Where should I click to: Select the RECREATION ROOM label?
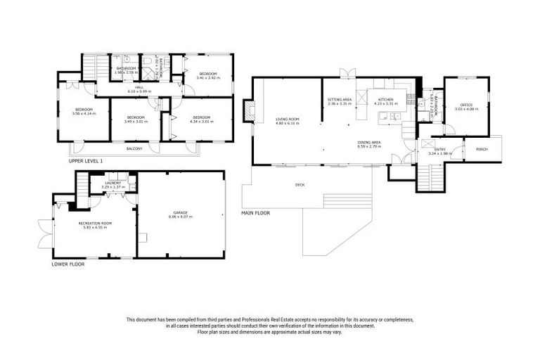click(95, 223)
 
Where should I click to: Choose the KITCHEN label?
click(386, 100)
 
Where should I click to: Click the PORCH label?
click(482, 149)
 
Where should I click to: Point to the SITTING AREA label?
click(339, 100)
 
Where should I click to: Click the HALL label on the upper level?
click(139, 88)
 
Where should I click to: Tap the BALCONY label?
click(134, 148)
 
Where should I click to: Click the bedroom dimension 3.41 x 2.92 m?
click(208, 78)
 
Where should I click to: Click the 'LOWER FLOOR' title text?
click(68, 264)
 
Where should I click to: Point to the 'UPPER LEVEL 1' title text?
click(86, 161)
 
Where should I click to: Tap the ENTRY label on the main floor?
click(440, 149)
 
